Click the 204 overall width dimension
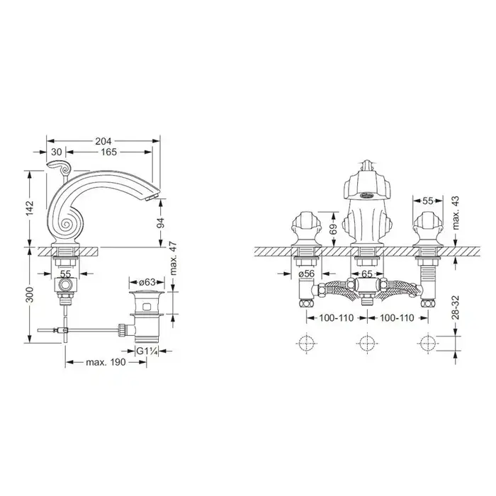(x=103, y=141)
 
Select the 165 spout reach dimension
(x=108, y=152)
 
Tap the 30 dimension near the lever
(x=56, y=152)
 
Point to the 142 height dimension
(x=30, y=208)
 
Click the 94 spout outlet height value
(x=161, y=223)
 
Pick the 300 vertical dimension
(x=30, y=295)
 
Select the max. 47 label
(x=173, y=259)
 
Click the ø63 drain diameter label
(x=147, y=281)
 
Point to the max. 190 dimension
(x=106, y=362)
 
